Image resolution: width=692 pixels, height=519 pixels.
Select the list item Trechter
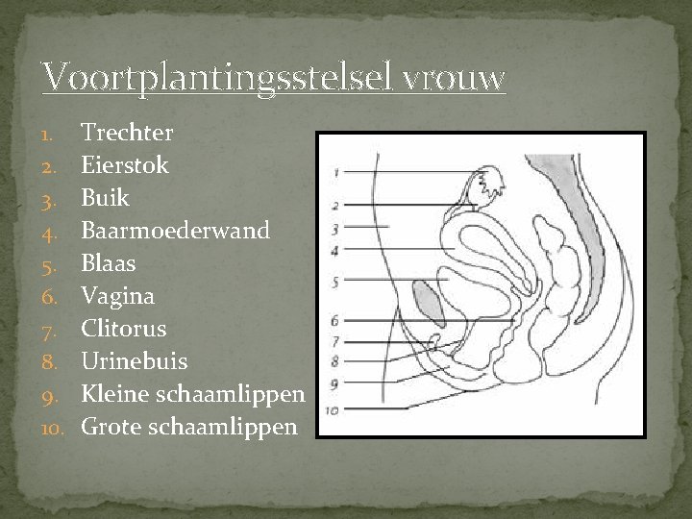127,132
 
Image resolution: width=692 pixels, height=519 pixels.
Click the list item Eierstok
125,164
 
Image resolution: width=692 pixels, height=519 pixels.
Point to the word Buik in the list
105,197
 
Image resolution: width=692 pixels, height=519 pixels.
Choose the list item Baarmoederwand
176,230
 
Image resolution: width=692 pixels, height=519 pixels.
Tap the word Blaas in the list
109,262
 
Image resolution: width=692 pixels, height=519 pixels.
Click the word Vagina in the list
117,295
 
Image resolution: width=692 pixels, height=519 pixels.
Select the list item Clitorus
124,328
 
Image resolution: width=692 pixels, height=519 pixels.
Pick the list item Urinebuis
135,360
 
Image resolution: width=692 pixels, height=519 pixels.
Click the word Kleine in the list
114,393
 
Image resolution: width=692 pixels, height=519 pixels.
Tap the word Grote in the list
111,426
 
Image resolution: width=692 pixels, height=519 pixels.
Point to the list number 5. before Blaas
55,263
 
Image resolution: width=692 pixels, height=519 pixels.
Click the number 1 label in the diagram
335,173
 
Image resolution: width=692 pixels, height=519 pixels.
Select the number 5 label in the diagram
334,282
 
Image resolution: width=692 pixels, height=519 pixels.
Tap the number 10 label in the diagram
333,409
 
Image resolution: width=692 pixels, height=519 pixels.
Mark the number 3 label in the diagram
334,229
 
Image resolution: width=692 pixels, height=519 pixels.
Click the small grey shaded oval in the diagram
429,301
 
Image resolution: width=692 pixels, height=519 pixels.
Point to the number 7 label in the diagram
334,341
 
